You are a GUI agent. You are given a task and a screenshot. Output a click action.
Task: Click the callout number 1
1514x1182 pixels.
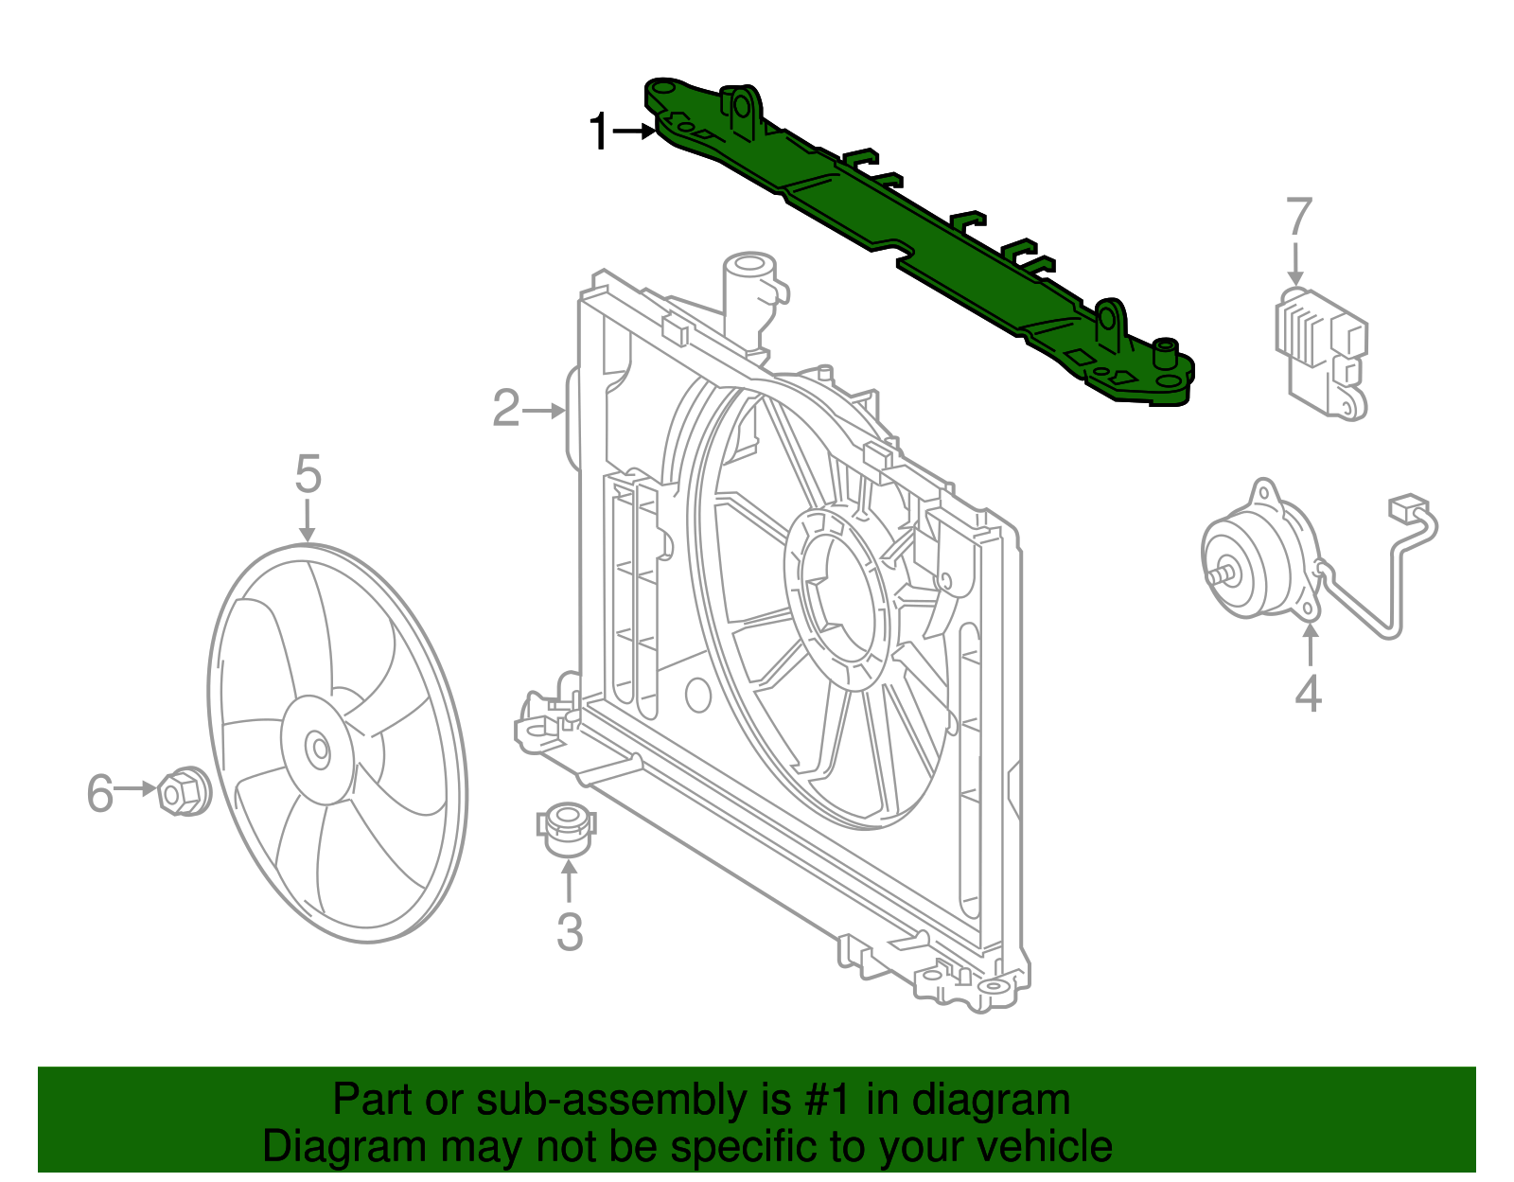tap(599, 132)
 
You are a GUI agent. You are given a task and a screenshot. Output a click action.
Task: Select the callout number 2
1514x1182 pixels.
tap(506, 410)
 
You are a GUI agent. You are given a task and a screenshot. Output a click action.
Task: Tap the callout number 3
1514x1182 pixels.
tap(569, 932)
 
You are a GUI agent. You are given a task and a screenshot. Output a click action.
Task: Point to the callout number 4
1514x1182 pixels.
tap(1308, 694)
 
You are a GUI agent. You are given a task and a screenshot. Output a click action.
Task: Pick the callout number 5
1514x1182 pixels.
tap(308, 473)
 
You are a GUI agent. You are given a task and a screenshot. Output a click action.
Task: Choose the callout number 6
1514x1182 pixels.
tap(100, 793)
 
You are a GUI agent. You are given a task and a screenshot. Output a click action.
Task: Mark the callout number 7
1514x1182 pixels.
tap(1299, 218)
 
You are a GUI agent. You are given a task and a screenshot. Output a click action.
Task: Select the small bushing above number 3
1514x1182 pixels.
tap(566, 825)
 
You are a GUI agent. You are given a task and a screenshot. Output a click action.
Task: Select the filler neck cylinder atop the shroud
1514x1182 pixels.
tap(749, 293)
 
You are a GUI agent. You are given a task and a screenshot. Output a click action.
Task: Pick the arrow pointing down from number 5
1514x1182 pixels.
tap(307, 521)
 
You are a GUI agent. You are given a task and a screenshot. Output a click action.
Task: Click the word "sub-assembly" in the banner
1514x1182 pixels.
tap(611, 1101)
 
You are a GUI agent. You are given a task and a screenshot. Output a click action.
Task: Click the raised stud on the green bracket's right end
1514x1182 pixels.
tap(1165, 351)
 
